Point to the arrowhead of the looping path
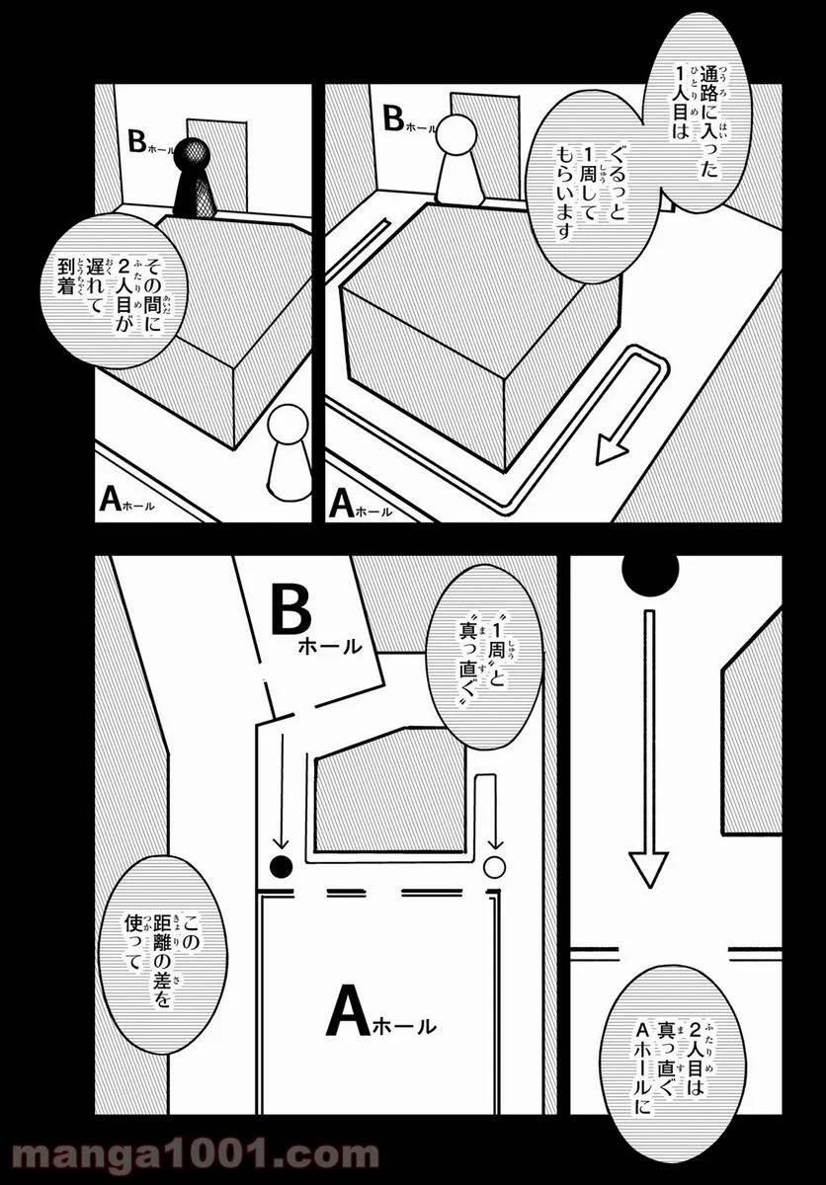614,452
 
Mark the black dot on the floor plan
283,868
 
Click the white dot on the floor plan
495,868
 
